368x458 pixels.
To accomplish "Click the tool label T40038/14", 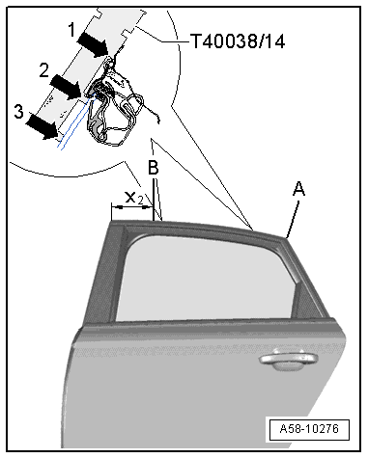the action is pos(238,41).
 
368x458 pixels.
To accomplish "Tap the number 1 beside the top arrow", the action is pos(71,30).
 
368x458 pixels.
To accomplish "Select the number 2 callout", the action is pos(44,70).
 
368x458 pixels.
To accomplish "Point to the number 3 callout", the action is pos(18,112).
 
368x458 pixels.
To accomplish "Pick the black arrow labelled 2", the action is pos(67,86).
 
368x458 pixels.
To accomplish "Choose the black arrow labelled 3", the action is pos(42,127).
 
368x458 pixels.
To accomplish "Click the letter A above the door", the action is pos(298,188).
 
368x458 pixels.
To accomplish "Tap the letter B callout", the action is pos(154,168).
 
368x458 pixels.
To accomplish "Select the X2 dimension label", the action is pos(133,199).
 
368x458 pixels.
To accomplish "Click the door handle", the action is pos(289,360).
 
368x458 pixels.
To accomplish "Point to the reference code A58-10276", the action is pos(309,429).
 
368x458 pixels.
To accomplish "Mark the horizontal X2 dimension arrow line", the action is pos(131,207).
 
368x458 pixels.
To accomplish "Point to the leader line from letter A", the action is pos(293,219).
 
